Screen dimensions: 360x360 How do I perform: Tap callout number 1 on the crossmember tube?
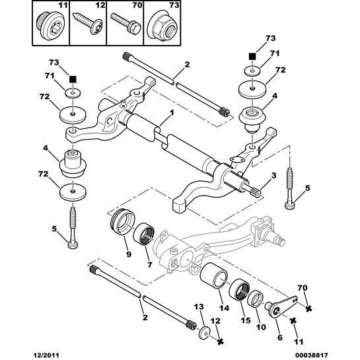(x=172, y=114)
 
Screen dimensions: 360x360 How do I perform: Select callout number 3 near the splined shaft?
(x=273, y=176)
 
